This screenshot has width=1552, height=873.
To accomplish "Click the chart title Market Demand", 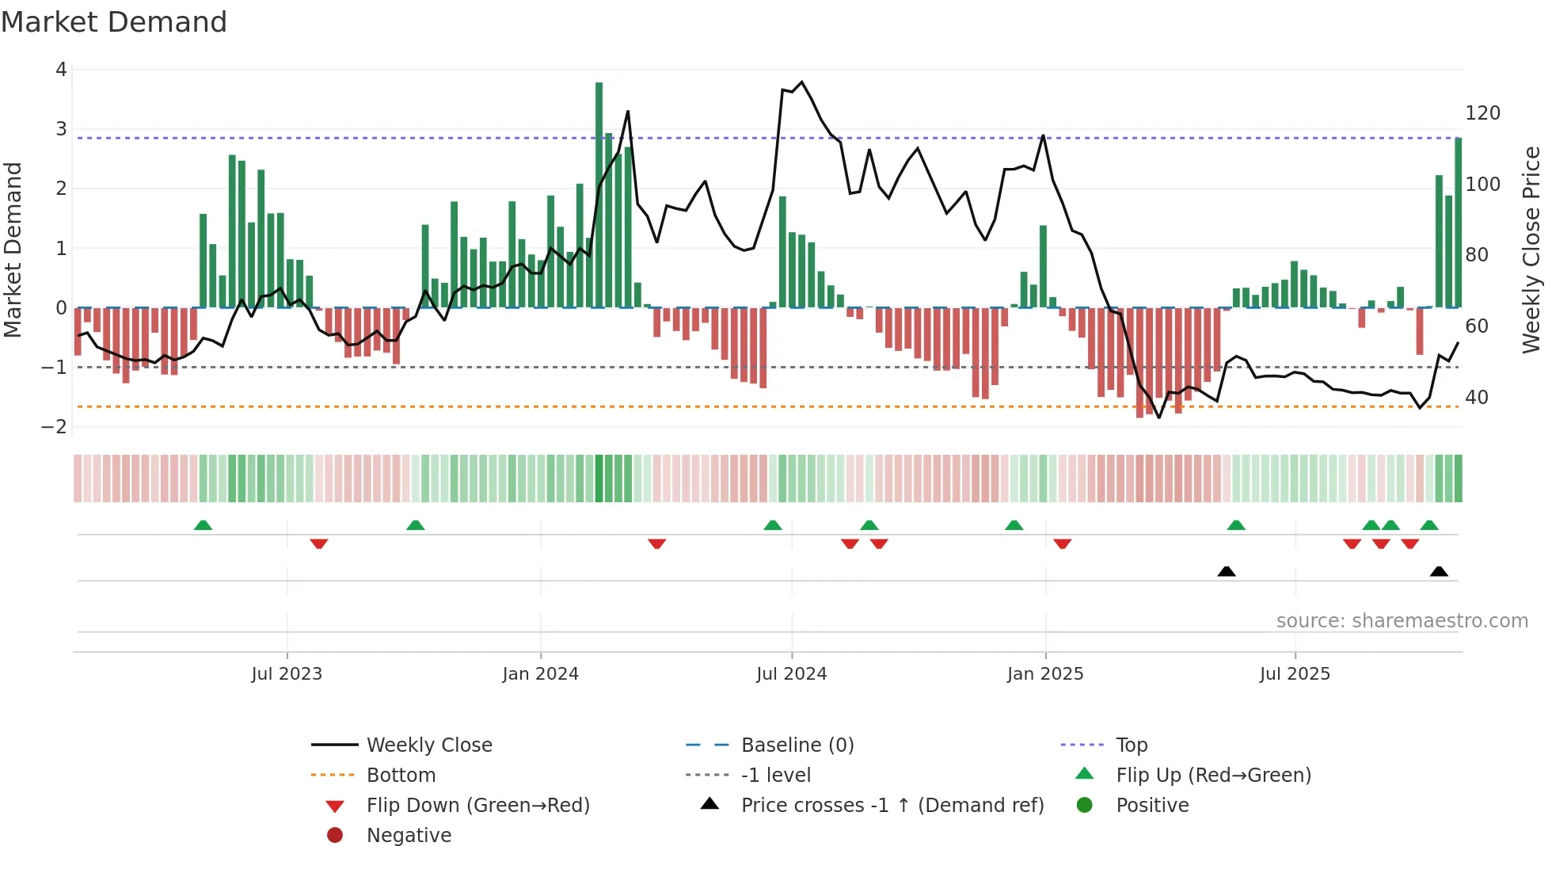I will (114, 22).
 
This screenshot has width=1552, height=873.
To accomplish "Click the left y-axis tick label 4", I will (61, 70).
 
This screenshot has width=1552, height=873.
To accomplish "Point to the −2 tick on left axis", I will (55, 427).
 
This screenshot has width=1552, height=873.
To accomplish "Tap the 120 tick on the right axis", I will (1482, 113).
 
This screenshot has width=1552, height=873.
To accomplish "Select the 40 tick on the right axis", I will (1477, 398).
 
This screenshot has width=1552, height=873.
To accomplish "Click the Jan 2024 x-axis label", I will (540, 674).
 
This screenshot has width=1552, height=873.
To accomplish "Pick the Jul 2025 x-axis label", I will (1295, 674).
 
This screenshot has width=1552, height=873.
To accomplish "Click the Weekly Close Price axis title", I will (1531, 250).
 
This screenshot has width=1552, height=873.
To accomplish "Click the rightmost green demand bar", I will (1458, 222).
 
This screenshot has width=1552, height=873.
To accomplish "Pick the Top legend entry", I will (1132, 745).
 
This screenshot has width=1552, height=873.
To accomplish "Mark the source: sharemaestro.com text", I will (1402, 621).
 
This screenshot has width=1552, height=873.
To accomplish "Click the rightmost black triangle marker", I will (1439, 571).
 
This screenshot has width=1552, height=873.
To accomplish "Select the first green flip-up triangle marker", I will (203, 525).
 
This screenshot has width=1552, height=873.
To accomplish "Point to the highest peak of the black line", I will (801, 82).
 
